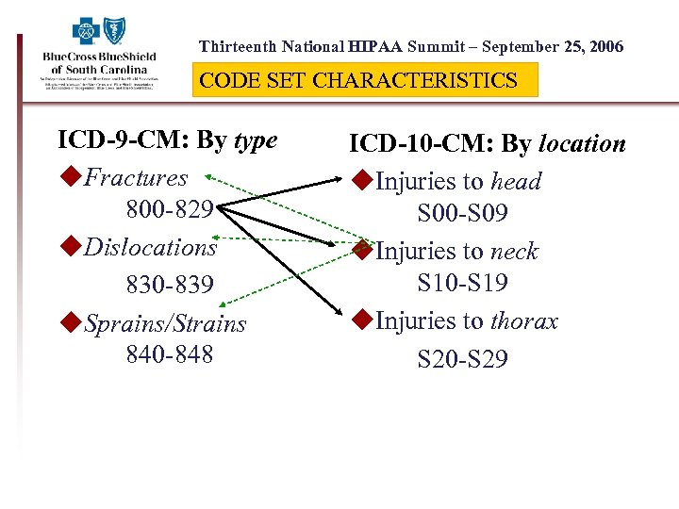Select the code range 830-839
click(x=170, y=284)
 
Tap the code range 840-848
click(x=170, y=354)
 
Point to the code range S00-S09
click(x=463, y=215)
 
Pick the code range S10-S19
click(x=463, y=282)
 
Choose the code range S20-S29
click(x=463, y=359)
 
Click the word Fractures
click(x=136, y=177)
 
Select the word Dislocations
click(x=151, y=247)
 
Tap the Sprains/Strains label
click(x=165, y=324)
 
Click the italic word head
click(x=516, y=181)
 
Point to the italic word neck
click(x=514, y=252)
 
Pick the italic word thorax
click(x=524, y=321)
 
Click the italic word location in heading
click(x=582, y=144)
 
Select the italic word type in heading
click(x=256, y=140)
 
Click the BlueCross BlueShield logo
click(x=99, y=56)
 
